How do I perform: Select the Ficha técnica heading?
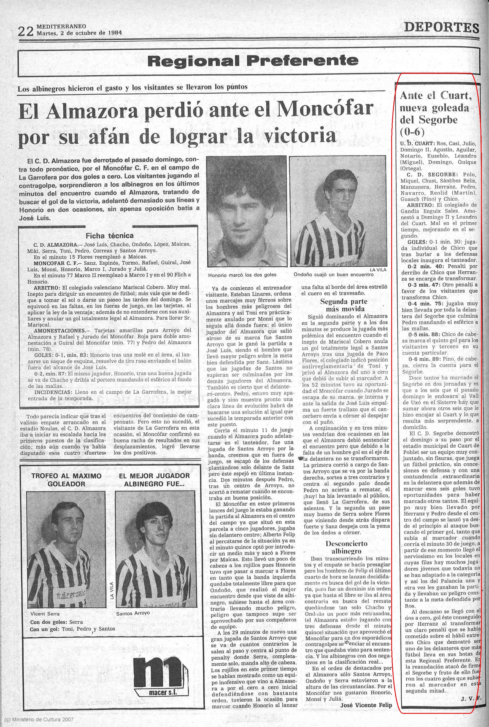click(x=109, y=235)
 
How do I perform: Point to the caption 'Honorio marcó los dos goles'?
click(x=242, y=275)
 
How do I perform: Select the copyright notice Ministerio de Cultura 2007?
click(x=39, y=720)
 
